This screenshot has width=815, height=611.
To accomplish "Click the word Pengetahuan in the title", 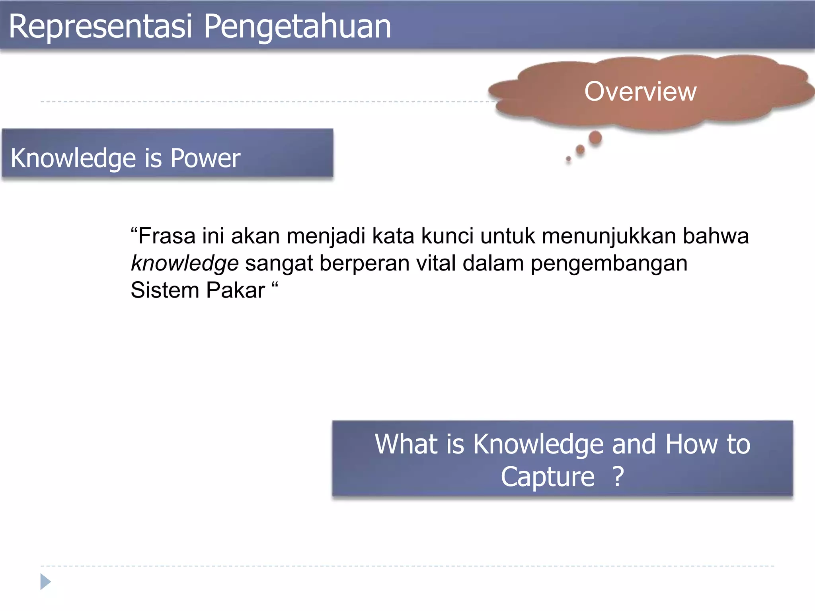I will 297,27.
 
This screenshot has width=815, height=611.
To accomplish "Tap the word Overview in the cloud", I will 640,91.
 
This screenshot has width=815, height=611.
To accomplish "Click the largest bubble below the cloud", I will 595,138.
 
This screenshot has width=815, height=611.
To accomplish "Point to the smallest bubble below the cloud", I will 568,159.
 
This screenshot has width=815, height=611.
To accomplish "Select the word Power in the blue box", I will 205,158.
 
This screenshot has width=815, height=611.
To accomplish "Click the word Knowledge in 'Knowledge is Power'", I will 74,158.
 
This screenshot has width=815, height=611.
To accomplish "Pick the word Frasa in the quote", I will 167,236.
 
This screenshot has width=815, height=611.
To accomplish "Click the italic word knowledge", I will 185,263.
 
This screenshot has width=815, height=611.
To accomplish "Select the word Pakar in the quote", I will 236,290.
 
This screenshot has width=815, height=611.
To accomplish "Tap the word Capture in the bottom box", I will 548,477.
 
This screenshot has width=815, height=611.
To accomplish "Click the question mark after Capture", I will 618,477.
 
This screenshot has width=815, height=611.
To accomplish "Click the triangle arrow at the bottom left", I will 45,582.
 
